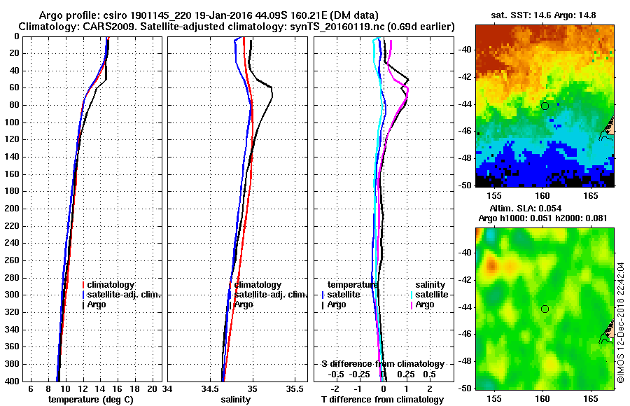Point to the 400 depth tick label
(13, 381)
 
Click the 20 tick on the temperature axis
(154, 388)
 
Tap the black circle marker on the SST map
(545, 106)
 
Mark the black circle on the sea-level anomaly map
(545, 309)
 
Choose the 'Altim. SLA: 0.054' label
(545, 209)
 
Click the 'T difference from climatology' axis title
(382, 400)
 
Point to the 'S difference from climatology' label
(382, 364)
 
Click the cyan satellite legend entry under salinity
(426, 295)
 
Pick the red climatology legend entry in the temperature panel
(109, 285)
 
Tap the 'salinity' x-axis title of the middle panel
(234, 400)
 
